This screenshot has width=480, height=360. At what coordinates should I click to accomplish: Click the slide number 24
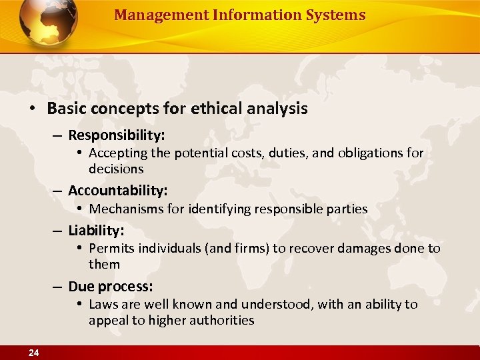(x=33, y=353)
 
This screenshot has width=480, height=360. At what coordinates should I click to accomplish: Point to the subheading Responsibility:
(x=117, y=135)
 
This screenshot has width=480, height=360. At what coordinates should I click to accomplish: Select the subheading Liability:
(x=96, y=230)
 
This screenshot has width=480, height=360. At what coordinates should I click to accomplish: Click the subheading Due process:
(x=111, y=286)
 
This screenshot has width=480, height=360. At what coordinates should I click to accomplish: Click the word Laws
(x=103, y=305)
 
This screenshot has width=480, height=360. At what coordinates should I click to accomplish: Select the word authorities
(x=221, y=320)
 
